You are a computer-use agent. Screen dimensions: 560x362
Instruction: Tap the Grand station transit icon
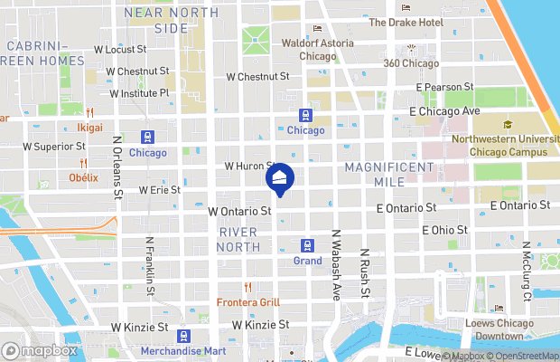[x=307, y=245]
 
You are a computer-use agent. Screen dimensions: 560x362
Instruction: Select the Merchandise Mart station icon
[x=183, y=336]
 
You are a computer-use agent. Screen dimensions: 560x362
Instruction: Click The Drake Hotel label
[x=406, y=22]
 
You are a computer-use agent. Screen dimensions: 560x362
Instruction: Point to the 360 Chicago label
[x=410, y=63]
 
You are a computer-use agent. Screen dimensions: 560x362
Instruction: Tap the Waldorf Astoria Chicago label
[x=316, y=49]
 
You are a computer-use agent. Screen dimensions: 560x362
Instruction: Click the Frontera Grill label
[x=247, y=302]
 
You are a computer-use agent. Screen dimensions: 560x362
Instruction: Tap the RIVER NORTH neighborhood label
[x=238, y=239]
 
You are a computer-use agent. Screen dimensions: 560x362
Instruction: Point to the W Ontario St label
[x=239, y=211]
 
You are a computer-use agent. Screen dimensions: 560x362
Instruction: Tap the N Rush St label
[x=365, y=273]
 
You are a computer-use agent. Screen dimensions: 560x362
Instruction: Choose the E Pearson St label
[x=445, y=87]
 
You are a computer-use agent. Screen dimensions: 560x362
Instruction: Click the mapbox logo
[x=40, y=350]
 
